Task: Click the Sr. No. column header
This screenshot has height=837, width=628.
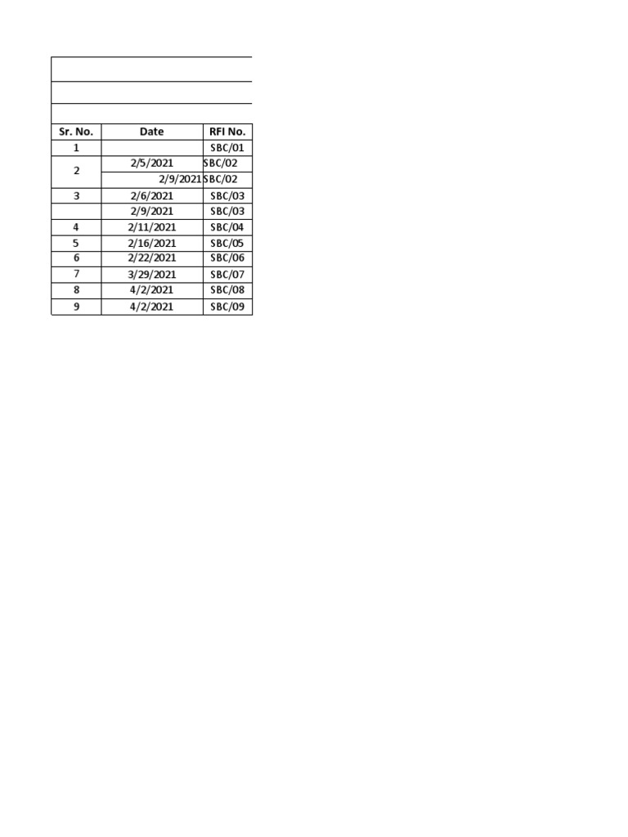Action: [76, 132]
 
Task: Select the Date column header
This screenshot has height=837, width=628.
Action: [151, 132]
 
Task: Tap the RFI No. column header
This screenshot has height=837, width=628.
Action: [227, 132]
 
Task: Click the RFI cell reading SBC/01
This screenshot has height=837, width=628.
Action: [227, 148]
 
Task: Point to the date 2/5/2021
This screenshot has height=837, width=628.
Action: [151, 163]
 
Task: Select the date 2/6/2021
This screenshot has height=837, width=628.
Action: [151, 195]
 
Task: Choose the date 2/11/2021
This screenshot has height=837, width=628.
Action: [151, 227]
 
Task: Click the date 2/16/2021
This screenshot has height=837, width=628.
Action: [151, 243]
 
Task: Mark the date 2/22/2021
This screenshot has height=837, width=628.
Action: [151, 258]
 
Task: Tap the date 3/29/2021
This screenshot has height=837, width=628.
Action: [151, 275]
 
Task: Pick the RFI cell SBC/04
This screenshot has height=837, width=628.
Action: [227, 227]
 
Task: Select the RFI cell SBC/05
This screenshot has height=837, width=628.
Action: [227, 243]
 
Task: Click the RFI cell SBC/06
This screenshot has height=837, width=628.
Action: [227, 258]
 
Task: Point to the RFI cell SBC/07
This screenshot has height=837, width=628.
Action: [227, 275]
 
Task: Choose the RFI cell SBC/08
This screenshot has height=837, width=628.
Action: [227, 290]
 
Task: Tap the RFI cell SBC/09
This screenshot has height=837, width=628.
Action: [227, 307]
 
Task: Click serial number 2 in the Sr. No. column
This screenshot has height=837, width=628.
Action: [76, 172]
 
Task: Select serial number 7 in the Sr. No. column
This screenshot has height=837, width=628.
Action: [76, 275]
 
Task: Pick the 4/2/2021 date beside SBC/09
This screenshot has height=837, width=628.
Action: [151, 307]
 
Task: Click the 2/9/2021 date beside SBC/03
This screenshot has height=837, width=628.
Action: [151, 211]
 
